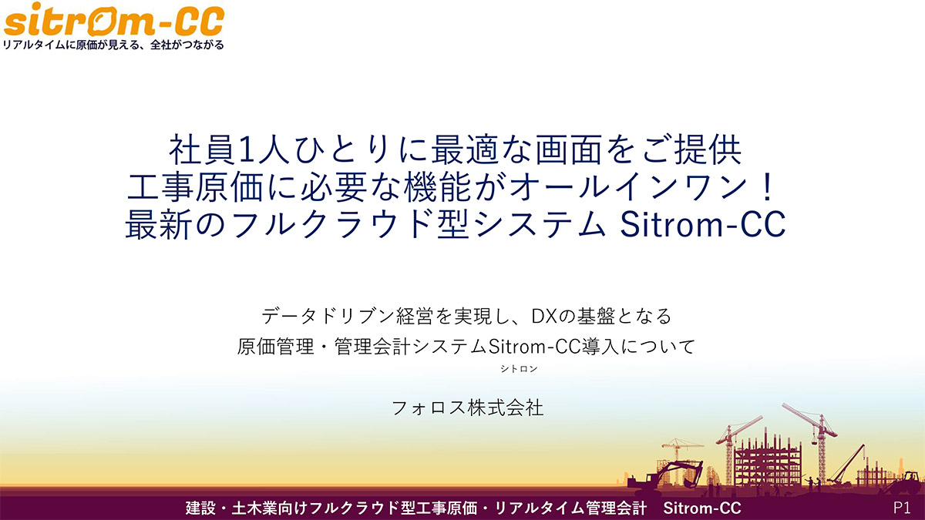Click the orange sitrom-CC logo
[114, 20]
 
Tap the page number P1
[902, 508]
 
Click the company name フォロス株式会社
[467, 408]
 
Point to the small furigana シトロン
[519, 368]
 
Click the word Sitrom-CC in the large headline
[703, 224]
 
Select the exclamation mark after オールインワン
[767, 188]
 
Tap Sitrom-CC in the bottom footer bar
[702, 508]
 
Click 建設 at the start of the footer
[200, 508]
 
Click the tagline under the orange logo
[113, 45]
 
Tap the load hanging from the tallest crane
[815, 442]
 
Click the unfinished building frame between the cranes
[768, 462]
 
